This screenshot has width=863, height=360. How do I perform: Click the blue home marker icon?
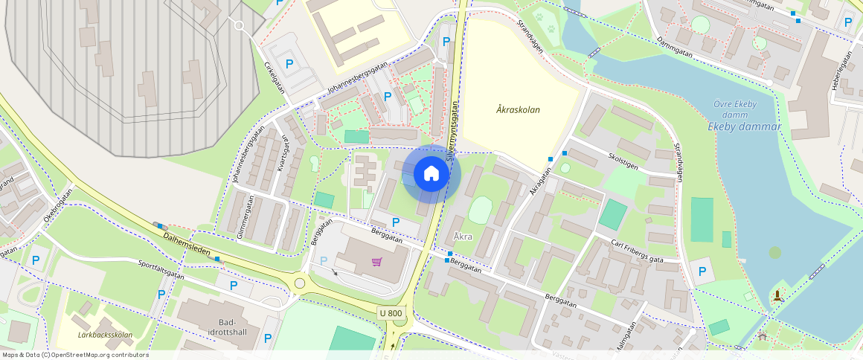pyautogui.click(x=431, y=174)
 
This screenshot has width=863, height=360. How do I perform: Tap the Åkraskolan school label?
pyautogui.click(x=518, y=109)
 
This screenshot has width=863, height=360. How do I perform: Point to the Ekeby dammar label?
pyautogui.click(x=744, y=126)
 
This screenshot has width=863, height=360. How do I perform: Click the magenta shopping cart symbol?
pyautogui.click(x=377, y=262)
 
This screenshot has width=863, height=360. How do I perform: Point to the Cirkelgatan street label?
pyautogui.click(x=275, y=77)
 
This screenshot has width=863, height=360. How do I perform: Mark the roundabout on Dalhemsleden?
pyautogui.click(x=301, y=283)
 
